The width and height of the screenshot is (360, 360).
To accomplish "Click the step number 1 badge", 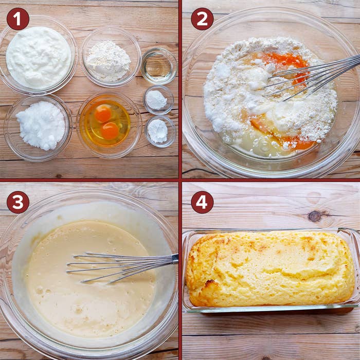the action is pos(18,19).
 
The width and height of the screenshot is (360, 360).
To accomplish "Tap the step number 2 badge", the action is pos(202,19).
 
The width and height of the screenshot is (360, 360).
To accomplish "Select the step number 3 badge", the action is pos(18,202).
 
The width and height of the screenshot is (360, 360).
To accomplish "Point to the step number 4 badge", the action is pos(202,202).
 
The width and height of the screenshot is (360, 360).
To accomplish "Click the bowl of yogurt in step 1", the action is pos(38,56).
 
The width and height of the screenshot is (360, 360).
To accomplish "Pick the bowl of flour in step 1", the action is pos(111,57).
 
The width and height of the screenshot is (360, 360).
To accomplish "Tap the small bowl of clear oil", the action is pos(159,66).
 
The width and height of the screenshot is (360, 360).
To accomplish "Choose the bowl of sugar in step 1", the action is pos(38,128).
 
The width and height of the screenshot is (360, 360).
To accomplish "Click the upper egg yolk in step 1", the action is pos(103,113).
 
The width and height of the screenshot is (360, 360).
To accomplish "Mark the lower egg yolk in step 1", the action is pos(110,131).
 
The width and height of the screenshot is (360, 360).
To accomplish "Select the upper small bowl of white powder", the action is pos(158,100).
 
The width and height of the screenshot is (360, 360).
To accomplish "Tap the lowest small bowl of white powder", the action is pos(160,132).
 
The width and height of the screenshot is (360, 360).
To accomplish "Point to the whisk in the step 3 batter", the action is pos(122,267).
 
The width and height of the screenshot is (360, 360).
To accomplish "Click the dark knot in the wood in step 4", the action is pos(315,216).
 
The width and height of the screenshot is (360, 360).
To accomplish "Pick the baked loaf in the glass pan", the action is pos(271,268).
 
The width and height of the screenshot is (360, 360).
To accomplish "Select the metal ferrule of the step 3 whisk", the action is pos(175,258).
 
